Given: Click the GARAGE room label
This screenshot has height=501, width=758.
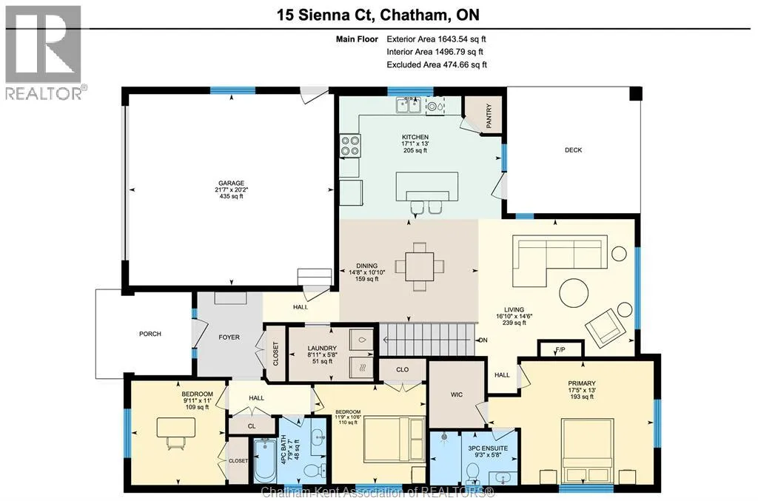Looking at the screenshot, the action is [x=231, y=183].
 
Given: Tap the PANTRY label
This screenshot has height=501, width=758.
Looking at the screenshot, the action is [x=489, y=116].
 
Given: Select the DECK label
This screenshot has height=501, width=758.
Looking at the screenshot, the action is [x=574, y=150].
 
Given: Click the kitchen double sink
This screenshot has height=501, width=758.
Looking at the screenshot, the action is [x=409, y=105].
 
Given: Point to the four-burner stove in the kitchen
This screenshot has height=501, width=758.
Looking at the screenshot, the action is [x=351, y=146].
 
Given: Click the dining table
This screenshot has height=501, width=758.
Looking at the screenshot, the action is [x=420, y=266].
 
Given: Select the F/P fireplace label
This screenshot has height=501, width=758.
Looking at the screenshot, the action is [x=560, y=349].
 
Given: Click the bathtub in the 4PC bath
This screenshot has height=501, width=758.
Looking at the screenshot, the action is [x=264, y=460].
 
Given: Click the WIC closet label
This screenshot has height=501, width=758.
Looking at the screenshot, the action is [x=457, y=394].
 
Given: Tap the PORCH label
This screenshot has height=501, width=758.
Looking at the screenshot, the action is [x=150, y=334].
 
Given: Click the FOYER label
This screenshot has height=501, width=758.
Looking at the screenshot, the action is [x=229, y=337].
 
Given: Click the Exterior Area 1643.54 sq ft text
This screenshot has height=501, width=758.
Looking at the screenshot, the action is [x=436, y=39].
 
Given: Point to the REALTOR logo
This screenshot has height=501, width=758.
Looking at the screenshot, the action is [x=44, y=53].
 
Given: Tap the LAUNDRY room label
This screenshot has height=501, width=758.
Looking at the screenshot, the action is [x=322, y=349].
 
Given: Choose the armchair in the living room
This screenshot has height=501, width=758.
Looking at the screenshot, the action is [x=604, y=328].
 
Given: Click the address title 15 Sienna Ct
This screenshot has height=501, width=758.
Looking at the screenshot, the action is [x=326, y=15].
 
